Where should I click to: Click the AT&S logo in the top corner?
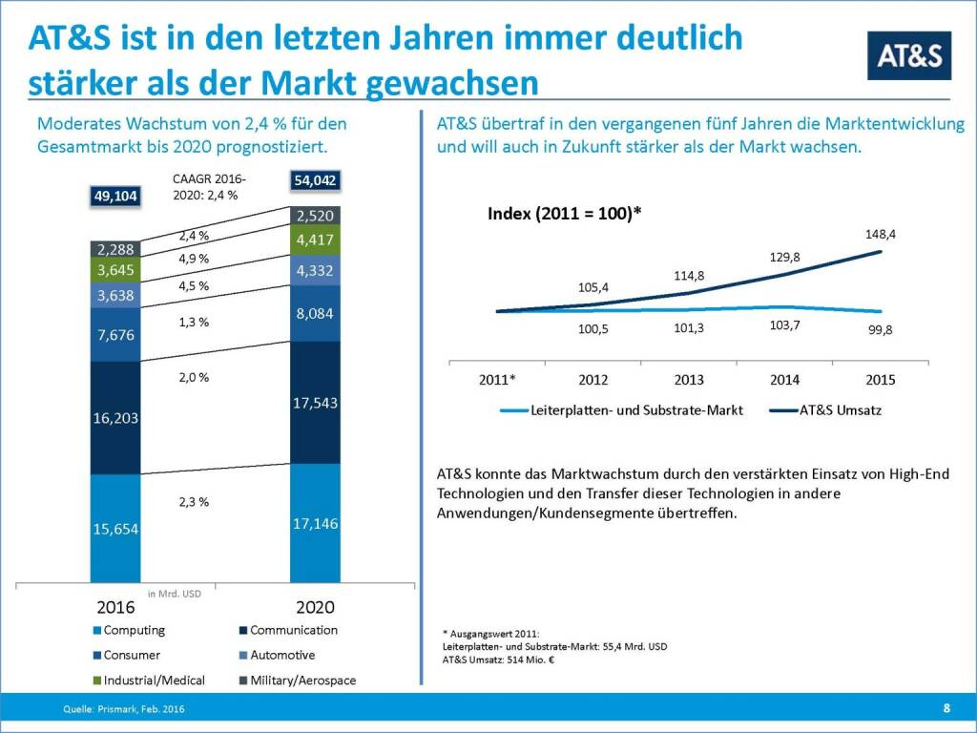[x=908, y=55]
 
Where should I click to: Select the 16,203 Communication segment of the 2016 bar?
[x=115, y=418]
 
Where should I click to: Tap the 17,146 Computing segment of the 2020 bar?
[x=315, y=523]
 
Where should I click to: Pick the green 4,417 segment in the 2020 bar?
[x=315, y=240]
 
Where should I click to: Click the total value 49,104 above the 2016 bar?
[x=115, y=196]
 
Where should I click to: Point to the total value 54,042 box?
[x=315, y=178]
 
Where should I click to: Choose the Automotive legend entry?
[x=276, y=656]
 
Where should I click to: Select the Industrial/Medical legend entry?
[x=147, y=681]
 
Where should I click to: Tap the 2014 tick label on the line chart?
[x=784, y=380]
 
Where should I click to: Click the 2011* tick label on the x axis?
[x=497, y=380]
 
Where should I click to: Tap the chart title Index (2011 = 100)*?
[x=564, y=213]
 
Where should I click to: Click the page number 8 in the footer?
[x=946, y=707]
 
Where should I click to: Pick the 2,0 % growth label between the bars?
[x=193, y=377]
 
